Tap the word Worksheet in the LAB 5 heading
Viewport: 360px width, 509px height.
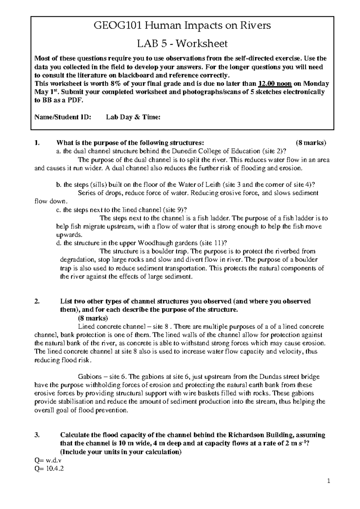pyautogui.click(x=202, y=44)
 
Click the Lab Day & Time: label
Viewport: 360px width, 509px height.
pyautogui.click(x=133, y=117)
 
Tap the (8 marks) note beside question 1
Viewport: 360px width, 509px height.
pyautogui.click(x=310, y=143)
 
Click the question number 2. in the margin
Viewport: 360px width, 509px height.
pyautogui.click(x=37, y=301)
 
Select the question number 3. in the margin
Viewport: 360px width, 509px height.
pyautogui.click(x=37, y=435)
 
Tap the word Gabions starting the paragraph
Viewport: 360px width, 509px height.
pyautogui.click(x=89, y=377)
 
